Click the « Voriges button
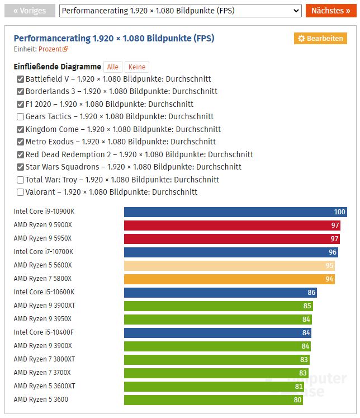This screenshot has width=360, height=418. (x=30, y=11)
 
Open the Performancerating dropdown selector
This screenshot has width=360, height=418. (x=180, y=11)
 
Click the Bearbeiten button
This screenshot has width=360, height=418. (x=320, y=38)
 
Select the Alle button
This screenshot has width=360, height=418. (x=113, y=67)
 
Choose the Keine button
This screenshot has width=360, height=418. (x=137, y=67)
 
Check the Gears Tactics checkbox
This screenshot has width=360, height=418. (x=21, y=117)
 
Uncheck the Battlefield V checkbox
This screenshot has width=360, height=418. (x=21, y=79)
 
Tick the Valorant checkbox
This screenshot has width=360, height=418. (x=21, y=192)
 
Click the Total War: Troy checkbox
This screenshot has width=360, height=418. (x=21, y=180)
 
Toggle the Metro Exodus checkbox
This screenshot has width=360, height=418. (x=21, y=142)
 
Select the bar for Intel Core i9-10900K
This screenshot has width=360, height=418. (x=235, y=212)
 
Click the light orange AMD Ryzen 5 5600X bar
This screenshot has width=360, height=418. (x=229, y=266)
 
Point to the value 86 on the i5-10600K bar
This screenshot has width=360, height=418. (x=311, y=293)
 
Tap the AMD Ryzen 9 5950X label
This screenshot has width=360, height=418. (x=42, y=238)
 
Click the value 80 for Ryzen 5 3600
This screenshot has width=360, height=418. (x=297, y=400)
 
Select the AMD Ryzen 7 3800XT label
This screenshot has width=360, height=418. (x=44, y=359)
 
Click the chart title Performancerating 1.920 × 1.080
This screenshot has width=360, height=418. (x=113, y=38)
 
